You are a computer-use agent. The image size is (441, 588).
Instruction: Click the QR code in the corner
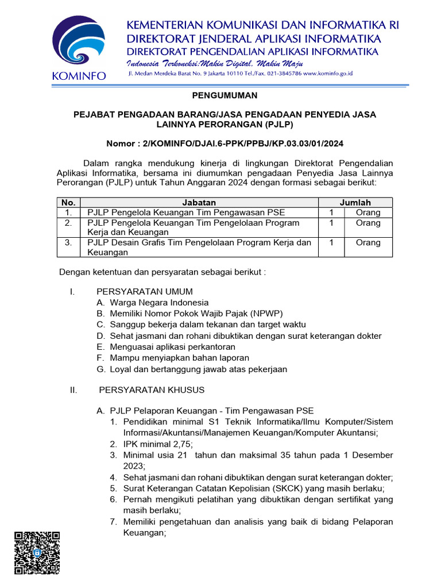coord(37,552)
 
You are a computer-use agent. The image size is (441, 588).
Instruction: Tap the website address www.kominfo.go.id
coord(328,74)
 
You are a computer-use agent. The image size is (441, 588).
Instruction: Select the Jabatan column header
coord(199,202)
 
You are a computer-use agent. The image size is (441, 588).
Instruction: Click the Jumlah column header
coord(355,202)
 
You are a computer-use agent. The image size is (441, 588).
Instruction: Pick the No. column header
coord(68,202)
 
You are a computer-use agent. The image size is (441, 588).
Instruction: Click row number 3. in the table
coord(68,243)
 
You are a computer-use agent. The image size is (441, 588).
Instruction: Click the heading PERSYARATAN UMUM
coord(144,291)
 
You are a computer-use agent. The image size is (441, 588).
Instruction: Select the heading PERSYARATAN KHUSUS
coord(152,390)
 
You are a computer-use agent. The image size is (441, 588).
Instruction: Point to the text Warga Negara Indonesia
coord(159,303)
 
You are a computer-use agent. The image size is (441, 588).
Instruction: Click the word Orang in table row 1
coord(368,212)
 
